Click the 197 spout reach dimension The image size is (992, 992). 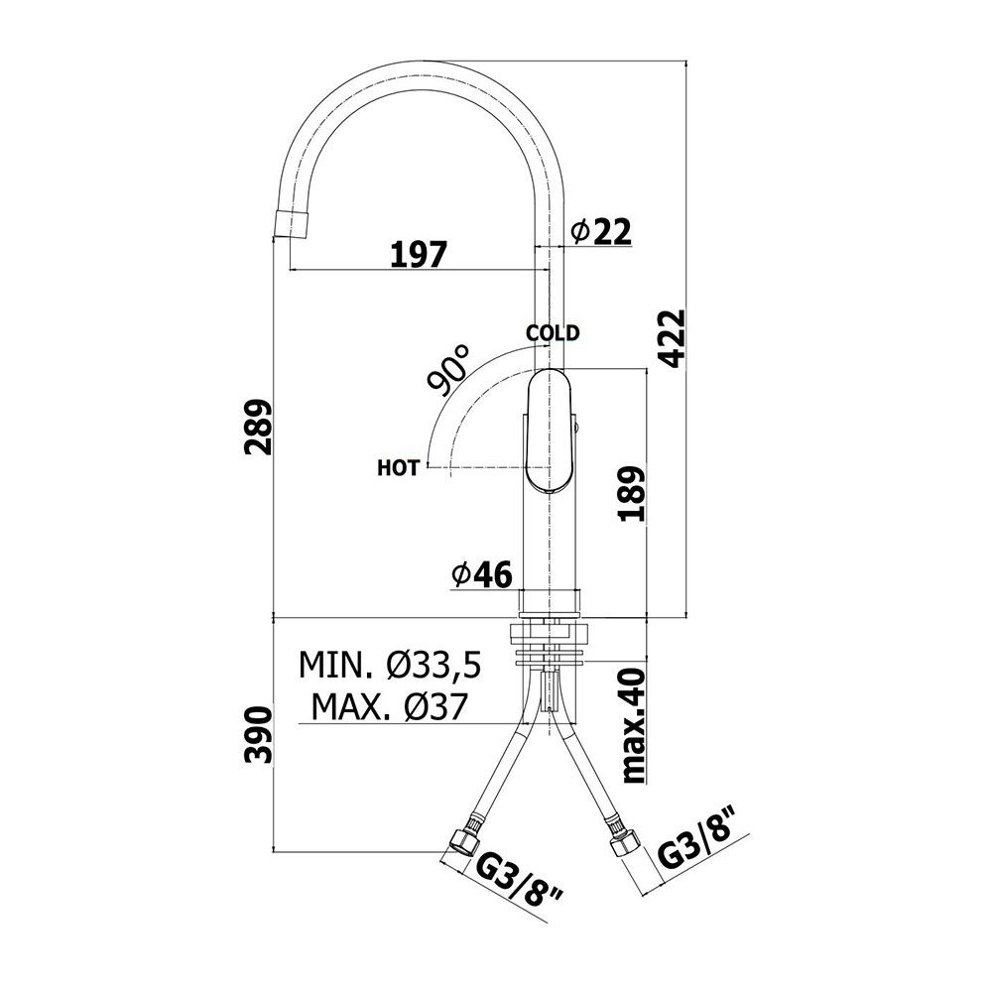[x=419, y=254]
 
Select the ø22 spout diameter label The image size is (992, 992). [x=601, y=231]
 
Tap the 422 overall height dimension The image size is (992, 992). [x=672, y=338]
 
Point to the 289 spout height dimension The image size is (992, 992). [x=258, y=427]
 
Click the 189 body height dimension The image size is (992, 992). [x=631, y=493]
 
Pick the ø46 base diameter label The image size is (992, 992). [x=481, y=574]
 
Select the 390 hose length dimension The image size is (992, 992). [x=258, y=735]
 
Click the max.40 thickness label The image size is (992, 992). [x=633, y=726]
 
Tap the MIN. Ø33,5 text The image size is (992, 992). [x=390, y=665]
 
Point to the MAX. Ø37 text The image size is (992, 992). [x=389, y=706]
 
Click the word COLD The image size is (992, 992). [x=553, y=332]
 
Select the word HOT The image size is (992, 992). [x=398, y=468]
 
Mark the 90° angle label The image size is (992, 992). [x=448, y=370]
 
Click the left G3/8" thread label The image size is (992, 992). [x=520, y=888]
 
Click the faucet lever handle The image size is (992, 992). [x=550, y=431]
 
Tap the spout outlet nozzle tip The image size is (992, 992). [x=293, y=224]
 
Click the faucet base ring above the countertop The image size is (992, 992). [x=550, y=603]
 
